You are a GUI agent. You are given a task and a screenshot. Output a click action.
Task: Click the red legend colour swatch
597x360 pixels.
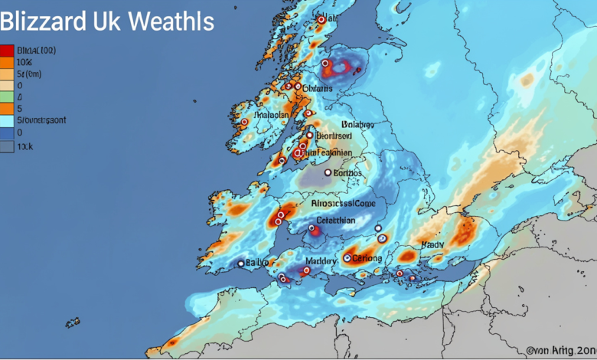(x=8, y=51)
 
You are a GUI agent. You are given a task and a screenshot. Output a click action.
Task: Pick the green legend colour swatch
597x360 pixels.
(x=8, y=98)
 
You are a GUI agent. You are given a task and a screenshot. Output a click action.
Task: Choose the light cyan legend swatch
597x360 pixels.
(x=8, y=120)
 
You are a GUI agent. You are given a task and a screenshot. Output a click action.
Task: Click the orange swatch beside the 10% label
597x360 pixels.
(x=8, y=63)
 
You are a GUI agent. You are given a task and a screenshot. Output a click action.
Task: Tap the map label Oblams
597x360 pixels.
(x=318, y=89)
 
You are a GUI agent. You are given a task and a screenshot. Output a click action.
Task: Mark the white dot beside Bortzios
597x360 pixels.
(x=328, y=172)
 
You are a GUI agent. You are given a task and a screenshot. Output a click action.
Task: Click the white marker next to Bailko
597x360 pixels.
(x=241, y=263)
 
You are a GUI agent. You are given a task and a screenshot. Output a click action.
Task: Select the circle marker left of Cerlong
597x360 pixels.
(x=347, y=258)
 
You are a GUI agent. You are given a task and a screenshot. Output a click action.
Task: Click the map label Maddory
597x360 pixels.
(x=321, y=262)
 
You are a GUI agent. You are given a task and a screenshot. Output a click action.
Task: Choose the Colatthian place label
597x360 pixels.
(x=338, y=220)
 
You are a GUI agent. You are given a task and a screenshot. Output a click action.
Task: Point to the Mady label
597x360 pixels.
(x=432, y=245)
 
